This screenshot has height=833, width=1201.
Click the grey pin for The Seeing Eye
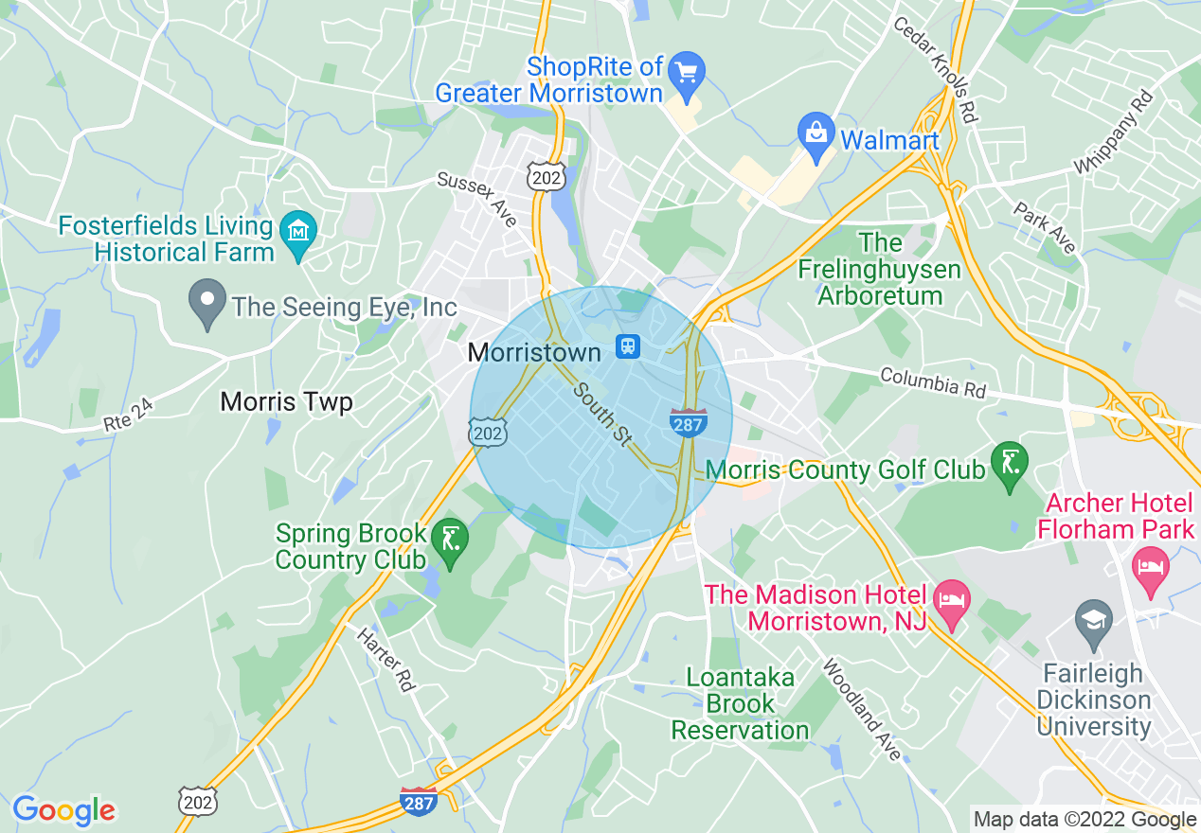pos(207,303)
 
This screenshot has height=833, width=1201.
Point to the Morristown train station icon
pos(627,347)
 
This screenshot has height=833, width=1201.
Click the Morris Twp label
pos(286,402)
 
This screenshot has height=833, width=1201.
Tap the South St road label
pos(603,414)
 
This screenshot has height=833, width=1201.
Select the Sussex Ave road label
pos(477,199)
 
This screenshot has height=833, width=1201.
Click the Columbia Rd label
pos(933,382)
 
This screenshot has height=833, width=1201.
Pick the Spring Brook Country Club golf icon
pos(450,542)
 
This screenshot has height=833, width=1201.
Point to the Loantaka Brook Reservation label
pos(740,704)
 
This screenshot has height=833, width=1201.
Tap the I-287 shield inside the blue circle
pos(687,423)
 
